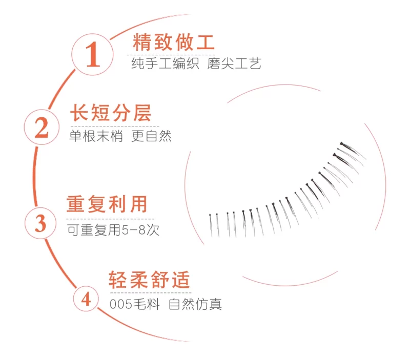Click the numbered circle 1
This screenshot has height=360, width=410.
click(92, 54)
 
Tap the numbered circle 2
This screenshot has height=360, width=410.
click(42, 127)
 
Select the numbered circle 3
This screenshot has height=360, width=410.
click(40, 223)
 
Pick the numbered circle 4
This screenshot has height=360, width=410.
click(86, 299)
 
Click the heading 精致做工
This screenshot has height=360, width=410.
click(174, 42)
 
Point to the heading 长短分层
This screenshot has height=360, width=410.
click(111, 113)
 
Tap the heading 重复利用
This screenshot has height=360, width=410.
click(107, 204)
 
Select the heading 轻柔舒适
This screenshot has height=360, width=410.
click(149, 280)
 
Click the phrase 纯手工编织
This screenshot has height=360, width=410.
click(165, 63)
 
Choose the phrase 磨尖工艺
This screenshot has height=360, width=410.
click(234, 63)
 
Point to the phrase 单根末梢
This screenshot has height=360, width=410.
click(96, 136)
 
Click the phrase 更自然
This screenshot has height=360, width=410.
click(151, 136)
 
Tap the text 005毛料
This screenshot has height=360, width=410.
click(135, 304)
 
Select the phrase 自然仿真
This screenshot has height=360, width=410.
click(195, 304)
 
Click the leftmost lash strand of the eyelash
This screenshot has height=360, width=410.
click(211, 225)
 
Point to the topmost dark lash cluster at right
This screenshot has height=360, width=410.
click(353, 150)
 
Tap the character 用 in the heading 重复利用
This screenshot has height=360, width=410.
click(138, 204)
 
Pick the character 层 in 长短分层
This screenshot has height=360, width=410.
click(142, 113)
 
